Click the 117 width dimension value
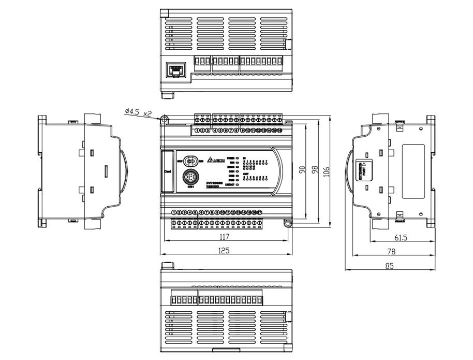224,237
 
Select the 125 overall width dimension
224,250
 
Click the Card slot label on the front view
168,171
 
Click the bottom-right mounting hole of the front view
288,223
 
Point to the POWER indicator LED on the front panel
237,157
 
